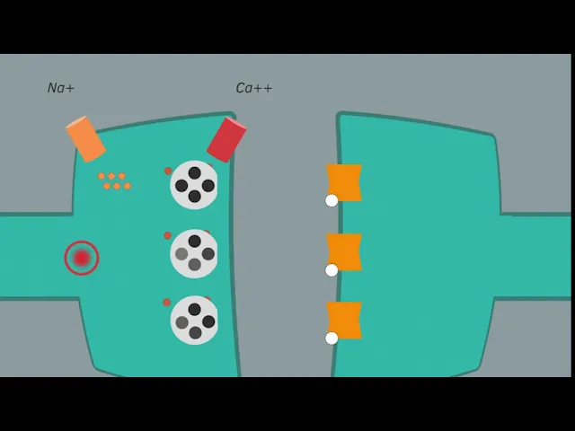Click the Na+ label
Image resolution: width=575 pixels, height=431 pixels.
click(61, 88)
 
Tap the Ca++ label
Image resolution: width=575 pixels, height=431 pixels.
click(253, 88)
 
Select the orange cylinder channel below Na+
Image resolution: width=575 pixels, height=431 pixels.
click(85, 139)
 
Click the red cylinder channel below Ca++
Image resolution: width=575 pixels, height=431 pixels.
click(226, 139)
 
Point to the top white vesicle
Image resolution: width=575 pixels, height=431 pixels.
click(194, 185)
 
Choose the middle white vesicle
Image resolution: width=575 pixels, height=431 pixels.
click(194, 253)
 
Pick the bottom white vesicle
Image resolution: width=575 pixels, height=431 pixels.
click(194, 321)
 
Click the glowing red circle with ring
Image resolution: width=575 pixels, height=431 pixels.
click(82, 258)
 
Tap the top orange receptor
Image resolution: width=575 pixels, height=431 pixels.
click(344, 182)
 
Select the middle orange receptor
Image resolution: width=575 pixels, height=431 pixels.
click(344, 251)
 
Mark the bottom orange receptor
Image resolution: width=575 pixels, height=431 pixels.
click(344, 321)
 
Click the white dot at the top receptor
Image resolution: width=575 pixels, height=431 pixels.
click(332, 200)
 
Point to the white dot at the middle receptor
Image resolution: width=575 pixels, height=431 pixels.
click(332, 269)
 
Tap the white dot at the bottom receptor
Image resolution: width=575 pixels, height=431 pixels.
click(332, 339)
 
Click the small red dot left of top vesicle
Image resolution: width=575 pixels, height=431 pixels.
click(168, 171)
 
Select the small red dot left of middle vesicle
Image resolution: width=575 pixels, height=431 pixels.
click(167, 236)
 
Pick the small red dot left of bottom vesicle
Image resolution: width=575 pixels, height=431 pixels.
click(167, 303)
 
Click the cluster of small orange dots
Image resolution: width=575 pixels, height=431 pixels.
click(114, 181)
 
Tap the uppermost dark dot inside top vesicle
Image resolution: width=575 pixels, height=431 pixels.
click(195, 172)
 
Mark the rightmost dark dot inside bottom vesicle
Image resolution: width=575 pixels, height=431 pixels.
click(208, 321)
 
